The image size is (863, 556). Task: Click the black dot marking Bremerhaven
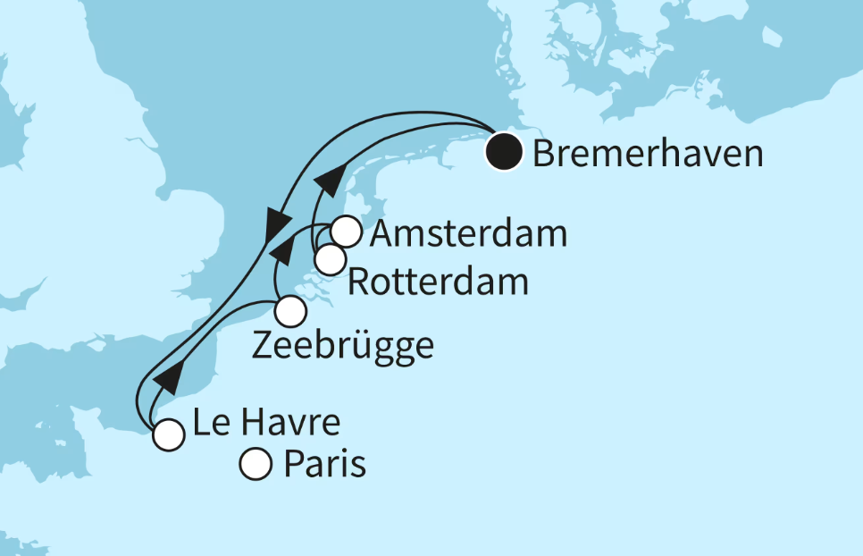[x=504, y=152]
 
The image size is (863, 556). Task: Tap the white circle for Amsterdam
[x=346, y=232]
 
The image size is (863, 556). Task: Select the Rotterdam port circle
[x=330, y=260]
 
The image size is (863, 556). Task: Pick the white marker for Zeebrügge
[x=290, y=312]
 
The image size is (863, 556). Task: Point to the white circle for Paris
[x=256, y=464]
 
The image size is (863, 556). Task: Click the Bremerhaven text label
[x=648, y=154]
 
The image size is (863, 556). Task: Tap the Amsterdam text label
[x=468, y=234]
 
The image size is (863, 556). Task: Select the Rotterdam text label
[x=437, y=282]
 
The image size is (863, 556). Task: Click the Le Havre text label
[x=265, y=422]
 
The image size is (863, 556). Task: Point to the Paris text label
[x=324, y=465]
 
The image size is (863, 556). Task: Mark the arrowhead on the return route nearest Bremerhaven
[x=327, y=180]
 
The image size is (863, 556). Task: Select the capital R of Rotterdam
[x=359, y=282]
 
